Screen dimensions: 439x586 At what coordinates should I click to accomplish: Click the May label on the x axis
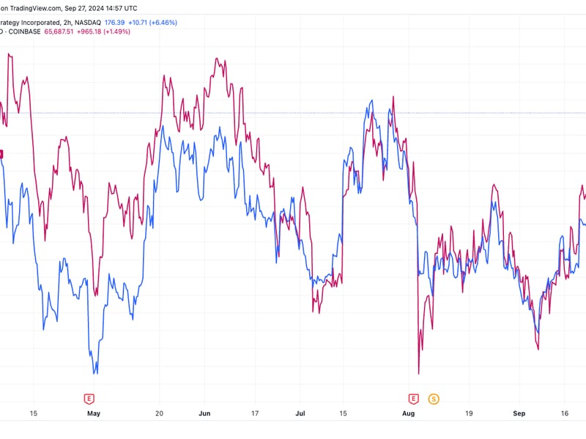[x=93, y=413]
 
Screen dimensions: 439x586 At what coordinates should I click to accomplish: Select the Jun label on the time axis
[x=204, y=413]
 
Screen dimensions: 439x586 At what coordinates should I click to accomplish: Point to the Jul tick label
[x=300, y=413]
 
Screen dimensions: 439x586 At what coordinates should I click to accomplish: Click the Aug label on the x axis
[x=409, y=413]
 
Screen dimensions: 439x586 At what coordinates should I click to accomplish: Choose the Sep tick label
[x=519, y=413]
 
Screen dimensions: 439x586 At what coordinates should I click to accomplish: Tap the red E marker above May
[x=89, y=398]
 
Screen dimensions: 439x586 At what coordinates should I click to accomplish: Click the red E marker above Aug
[x=413, y=398]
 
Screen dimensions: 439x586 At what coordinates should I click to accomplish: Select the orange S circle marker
[x=434, y=398]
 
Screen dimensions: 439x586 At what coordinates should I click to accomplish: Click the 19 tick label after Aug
[x=468, y=413]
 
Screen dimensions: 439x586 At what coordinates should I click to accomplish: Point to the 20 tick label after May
[x=160, y=413]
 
